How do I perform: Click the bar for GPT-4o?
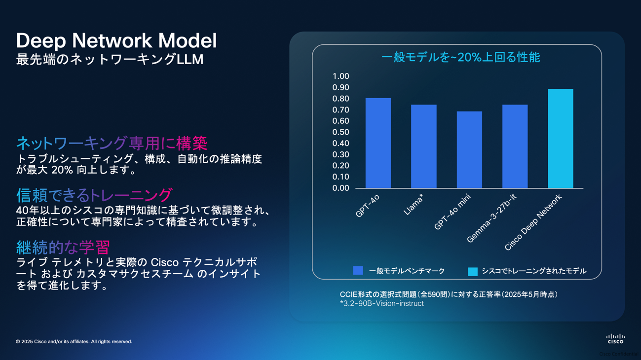tap(378, 143)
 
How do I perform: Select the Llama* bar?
tap(424, 146)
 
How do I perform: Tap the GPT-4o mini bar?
tap(469, 150)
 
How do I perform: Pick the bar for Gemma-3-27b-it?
tap(515, 146)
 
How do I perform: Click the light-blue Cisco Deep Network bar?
tap(561, 139)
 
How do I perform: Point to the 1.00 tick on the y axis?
tap(341, 76)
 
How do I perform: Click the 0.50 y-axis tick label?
tap(341, 132)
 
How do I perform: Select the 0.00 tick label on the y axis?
tap(341, 188)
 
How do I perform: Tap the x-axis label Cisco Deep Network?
tap(533, 222)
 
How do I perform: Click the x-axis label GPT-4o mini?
tap(452, 212)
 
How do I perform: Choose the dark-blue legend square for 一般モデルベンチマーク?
tap(358, 271)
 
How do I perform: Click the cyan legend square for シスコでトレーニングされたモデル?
tap(473, 271)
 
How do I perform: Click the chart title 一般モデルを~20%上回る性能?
tap(461, 57)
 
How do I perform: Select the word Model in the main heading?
tap(188, 40)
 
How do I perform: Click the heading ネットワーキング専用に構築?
tap(112, 143)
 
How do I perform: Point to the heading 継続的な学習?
tap(63, 247)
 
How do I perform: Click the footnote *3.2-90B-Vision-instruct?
tap(382, 303)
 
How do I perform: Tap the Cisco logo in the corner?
tap(615, 339)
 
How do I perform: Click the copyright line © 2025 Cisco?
tap(74, 341)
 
